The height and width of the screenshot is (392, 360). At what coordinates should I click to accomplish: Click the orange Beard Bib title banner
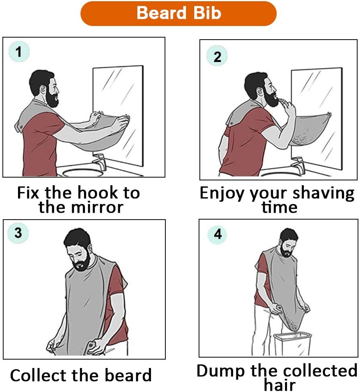(179, 14)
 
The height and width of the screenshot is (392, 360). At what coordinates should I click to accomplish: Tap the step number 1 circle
(19, 52)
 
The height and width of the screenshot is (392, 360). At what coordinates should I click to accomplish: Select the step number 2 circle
(217, 56)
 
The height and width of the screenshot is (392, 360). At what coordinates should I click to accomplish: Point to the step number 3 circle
(18, 233)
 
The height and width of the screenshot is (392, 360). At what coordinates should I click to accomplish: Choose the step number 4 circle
(217, 234)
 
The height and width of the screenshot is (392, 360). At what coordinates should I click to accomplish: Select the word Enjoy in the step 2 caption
(222, 194)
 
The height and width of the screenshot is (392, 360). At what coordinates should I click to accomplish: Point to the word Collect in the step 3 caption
(39, 375)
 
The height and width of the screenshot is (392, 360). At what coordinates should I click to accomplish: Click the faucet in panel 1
(100, 161)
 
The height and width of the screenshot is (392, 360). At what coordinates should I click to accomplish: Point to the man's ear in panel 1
(43, 88)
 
